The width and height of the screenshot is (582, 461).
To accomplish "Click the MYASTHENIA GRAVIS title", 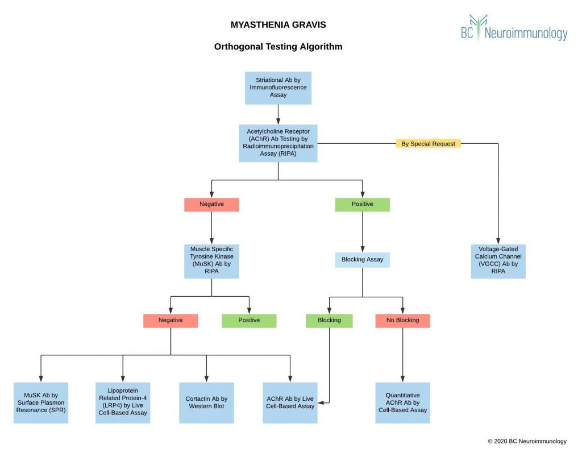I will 278,25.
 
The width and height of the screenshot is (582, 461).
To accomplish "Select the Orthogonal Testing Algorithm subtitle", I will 278,47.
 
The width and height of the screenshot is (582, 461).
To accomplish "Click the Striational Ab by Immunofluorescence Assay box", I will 278,88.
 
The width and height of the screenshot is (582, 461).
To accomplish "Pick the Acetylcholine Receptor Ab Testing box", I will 278,143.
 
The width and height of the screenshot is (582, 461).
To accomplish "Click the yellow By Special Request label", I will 428,144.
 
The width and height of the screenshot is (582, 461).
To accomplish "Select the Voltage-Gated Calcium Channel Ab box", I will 498,261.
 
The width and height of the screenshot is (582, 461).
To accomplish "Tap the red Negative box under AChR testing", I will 211,205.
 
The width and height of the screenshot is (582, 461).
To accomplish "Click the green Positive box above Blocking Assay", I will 362,205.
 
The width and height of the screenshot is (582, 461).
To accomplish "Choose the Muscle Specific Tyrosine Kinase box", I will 211,261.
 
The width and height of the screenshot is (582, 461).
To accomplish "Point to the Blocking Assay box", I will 362,260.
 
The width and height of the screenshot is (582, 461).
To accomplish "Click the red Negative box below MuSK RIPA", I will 171,321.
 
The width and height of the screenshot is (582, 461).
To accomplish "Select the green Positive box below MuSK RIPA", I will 249,321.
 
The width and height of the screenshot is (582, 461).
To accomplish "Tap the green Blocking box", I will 329,321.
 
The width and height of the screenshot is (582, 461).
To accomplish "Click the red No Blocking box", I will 402,321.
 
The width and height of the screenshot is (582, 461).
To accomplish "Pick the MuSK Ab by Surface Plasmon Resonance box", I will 41,402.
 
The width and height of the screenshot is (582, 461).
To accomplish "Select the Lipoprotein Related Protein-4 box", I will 123,402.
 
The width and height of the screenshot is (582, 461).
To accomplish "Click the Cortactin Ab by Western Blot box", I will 206,402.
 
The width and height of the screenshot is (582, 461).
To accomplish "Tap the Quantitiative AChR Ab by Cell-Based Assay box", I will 402,402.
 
